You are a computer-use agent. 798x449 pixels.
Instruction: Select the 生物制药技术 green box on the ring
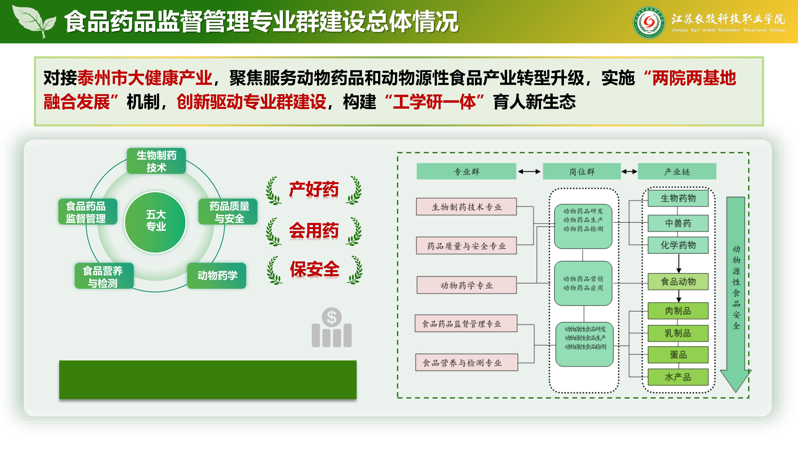(x=156, y=161)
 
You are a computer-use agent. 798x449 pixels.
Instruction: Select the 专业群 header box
(x=466, y=171)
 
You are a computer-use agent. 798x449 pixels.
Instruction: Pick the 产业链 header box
(x=677, y=171)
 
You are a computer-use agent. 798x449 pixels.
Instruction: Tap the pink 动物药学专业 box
(x=466, y=285)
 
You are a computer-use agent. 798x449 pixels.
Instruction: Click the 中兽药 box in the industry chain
(x=678, y=223)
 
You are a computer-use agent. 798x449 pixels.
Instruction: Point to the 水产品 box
(x=678, y=377)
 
